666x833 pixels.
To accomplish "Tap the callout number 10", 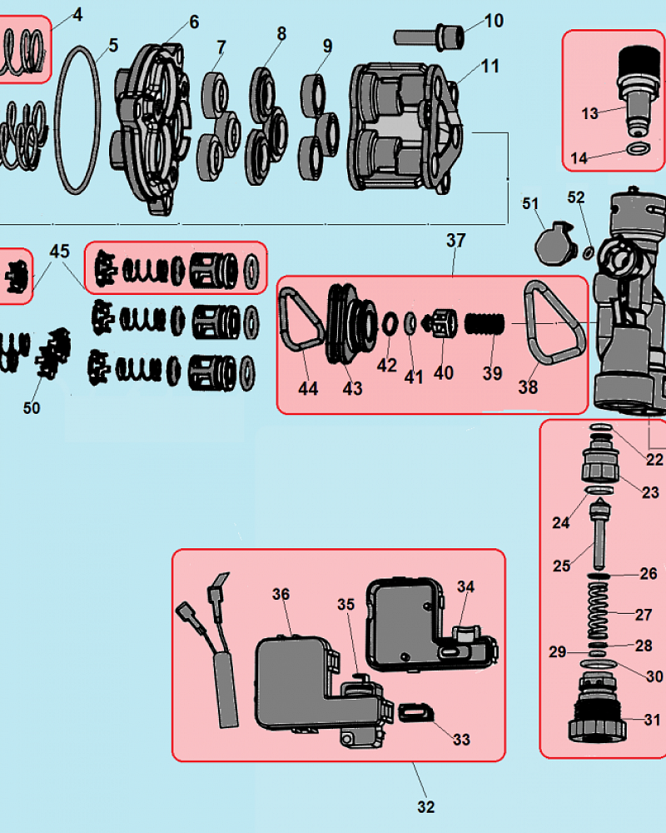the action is pos(494,21).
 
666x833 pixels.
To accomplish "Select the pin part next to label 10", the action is pos(429,37).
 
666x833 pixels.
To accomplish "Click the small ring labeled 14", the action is pos(639,149).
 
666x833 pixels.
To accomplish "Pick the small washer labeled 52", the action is pos(589,252).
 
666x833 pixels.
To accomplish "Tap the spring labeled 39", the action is pos(485,324).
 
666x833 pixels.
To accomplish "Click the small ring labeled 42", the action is pos(390,323).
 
